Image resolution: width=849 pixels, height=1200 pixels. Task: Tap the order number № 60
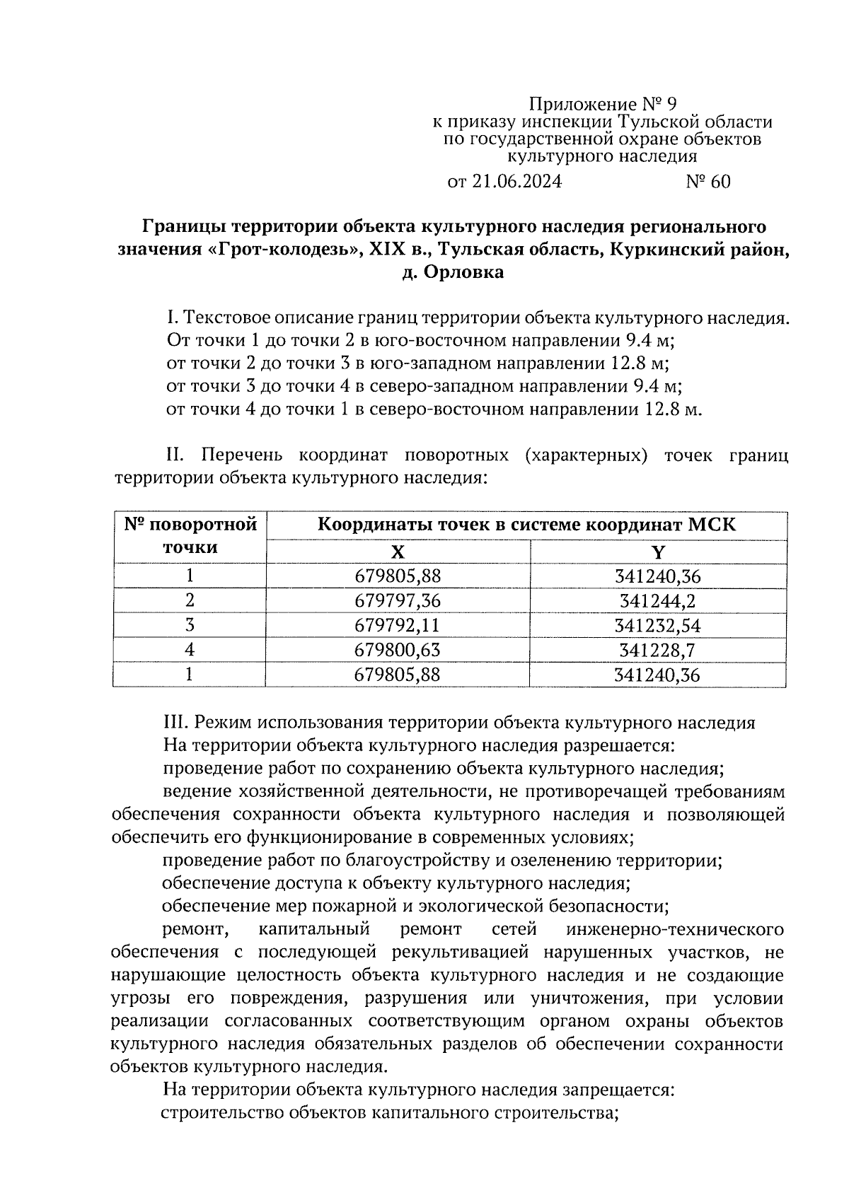pyautogui.click(x=708, y=182)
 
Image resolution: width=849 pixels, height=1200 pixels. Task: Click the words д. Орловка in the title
pyautogui.click(x=454, y=272)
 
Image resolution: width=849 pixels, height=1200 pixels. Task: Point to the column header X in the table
pyautogui.click(x=398, y=552)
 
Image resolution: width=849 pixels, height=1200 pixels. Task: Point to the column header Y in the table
pyautogui.click(x=658, y=552)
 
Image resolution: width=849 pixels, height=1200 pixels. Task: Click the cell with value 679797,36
pyautogui.click(x=398, y=601)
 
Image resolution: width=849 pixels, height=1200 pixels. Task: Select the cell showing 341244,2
pyautogui.click(x=658, y=601)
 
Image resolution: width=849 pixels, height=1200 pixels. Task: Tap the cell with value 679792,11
pyautogui.click(x=398, y=626)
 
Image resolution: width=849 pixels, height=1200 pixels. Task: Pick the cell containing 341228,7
pyautogui.click(x=658, y=650)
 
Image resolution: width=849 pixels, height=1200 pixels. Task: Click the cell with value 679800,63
pyautogui.click(x=398, y=650)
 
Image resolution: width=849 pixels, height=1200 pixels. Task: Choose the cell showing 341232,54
pyautogui.click(x=658, y=626)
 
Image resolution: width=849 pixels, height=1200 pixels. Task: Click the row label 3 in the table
pyautogui.click(x=190, y=626)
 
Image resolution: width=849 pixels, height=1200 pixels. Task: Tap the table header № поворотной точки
pyautogui.click(x=190, y=536)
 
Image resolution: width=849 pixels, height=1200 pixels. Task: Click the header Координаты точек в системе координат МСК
pyautogui.click(x=527, y=525)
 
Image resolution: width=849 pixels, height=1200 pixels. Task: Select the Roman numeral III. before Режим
pyautogui.click(x=176, y=723)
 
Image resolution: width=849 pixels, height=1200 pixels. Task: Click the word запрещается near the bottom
pyautogui.click(x=623, y=1090)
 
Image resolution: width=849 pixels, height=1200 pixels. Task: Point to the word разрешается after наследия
pyautogui.click(x=620, y=745)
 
